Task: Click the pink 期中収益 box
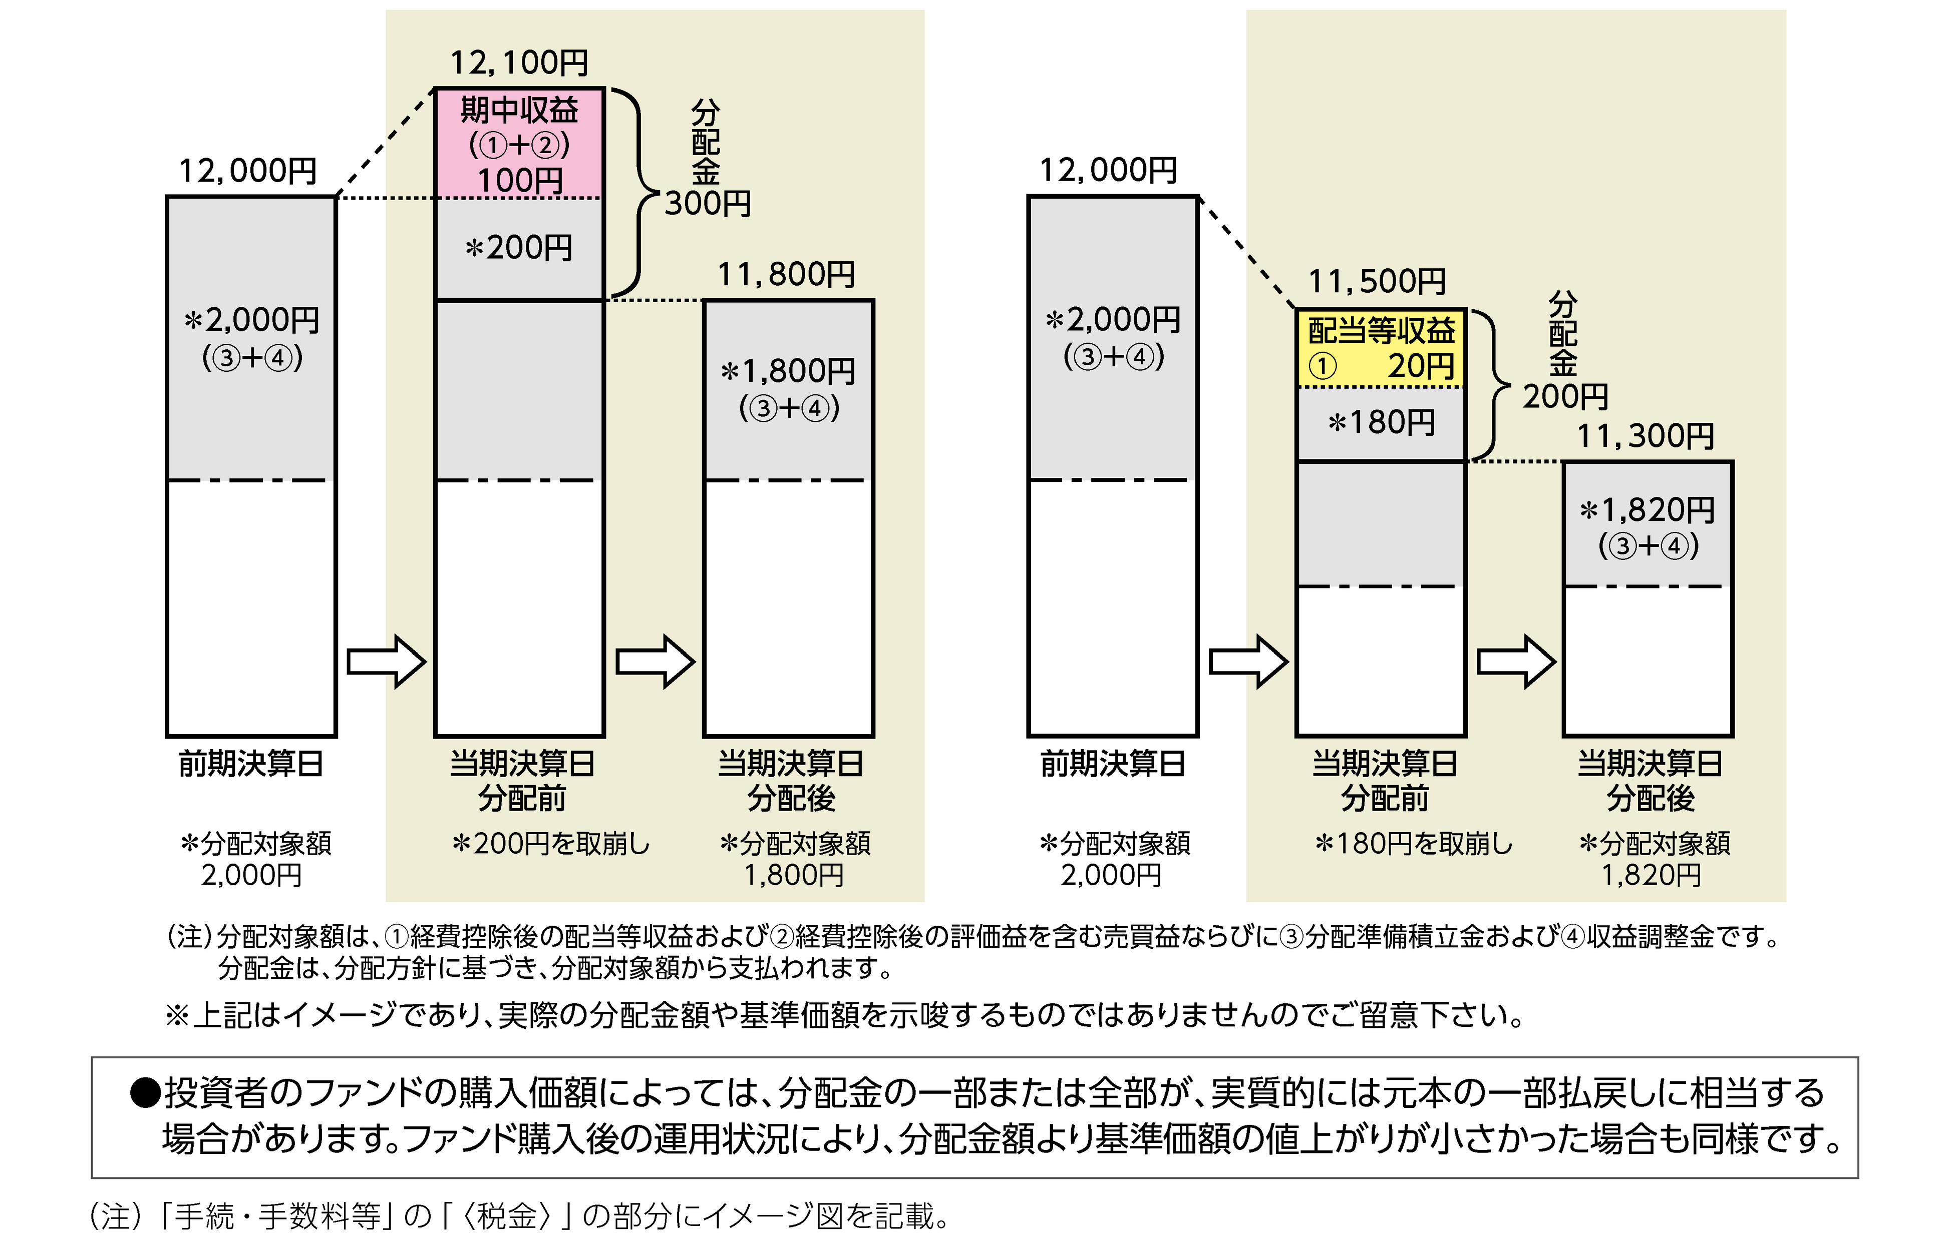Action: coord(519,143)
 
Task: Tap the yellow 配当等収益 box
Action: coord(1381,347)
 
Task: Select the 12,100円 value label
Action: coord(519,63)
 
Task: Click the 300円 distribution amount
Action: coord(707,204)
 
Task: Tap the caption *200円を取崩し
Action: coord(551,844)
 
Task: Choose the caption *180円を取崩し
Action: coord(1414,844)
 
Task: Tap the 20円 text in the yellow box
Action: coord(1421,366)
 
